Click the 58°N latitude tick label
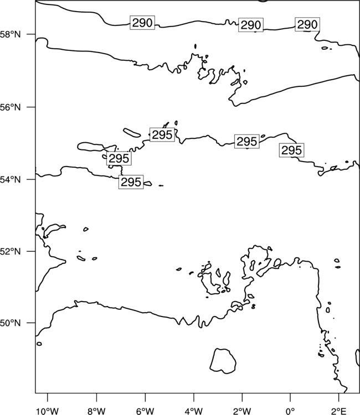point(11,34)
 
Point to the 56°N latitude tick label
point(11,107)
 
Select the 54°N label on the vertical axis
point(11,180)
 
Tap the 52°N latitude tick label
point(11,251)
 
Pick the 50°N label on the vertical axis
point(11,323)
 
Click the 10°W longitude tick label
point(48,411)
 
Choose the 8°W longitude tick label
point(96,411)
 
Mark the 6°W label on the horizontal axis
point(145,411)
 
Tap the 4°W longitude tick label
point(194,411)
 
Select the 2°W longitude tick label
point(242,411)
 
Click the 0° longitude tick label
point(290,411)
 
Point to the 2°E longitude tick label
point(339,411)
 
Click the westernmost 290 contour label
point(142,23)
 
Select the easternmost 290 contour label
point(307,24)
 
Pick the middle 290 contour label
point(251,25)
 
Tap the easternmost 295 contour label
point(292,150)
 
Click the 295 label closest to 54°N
point(131,182)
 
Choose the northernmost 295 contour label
point(162,134)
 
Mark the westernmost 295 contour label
point(119,158)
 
